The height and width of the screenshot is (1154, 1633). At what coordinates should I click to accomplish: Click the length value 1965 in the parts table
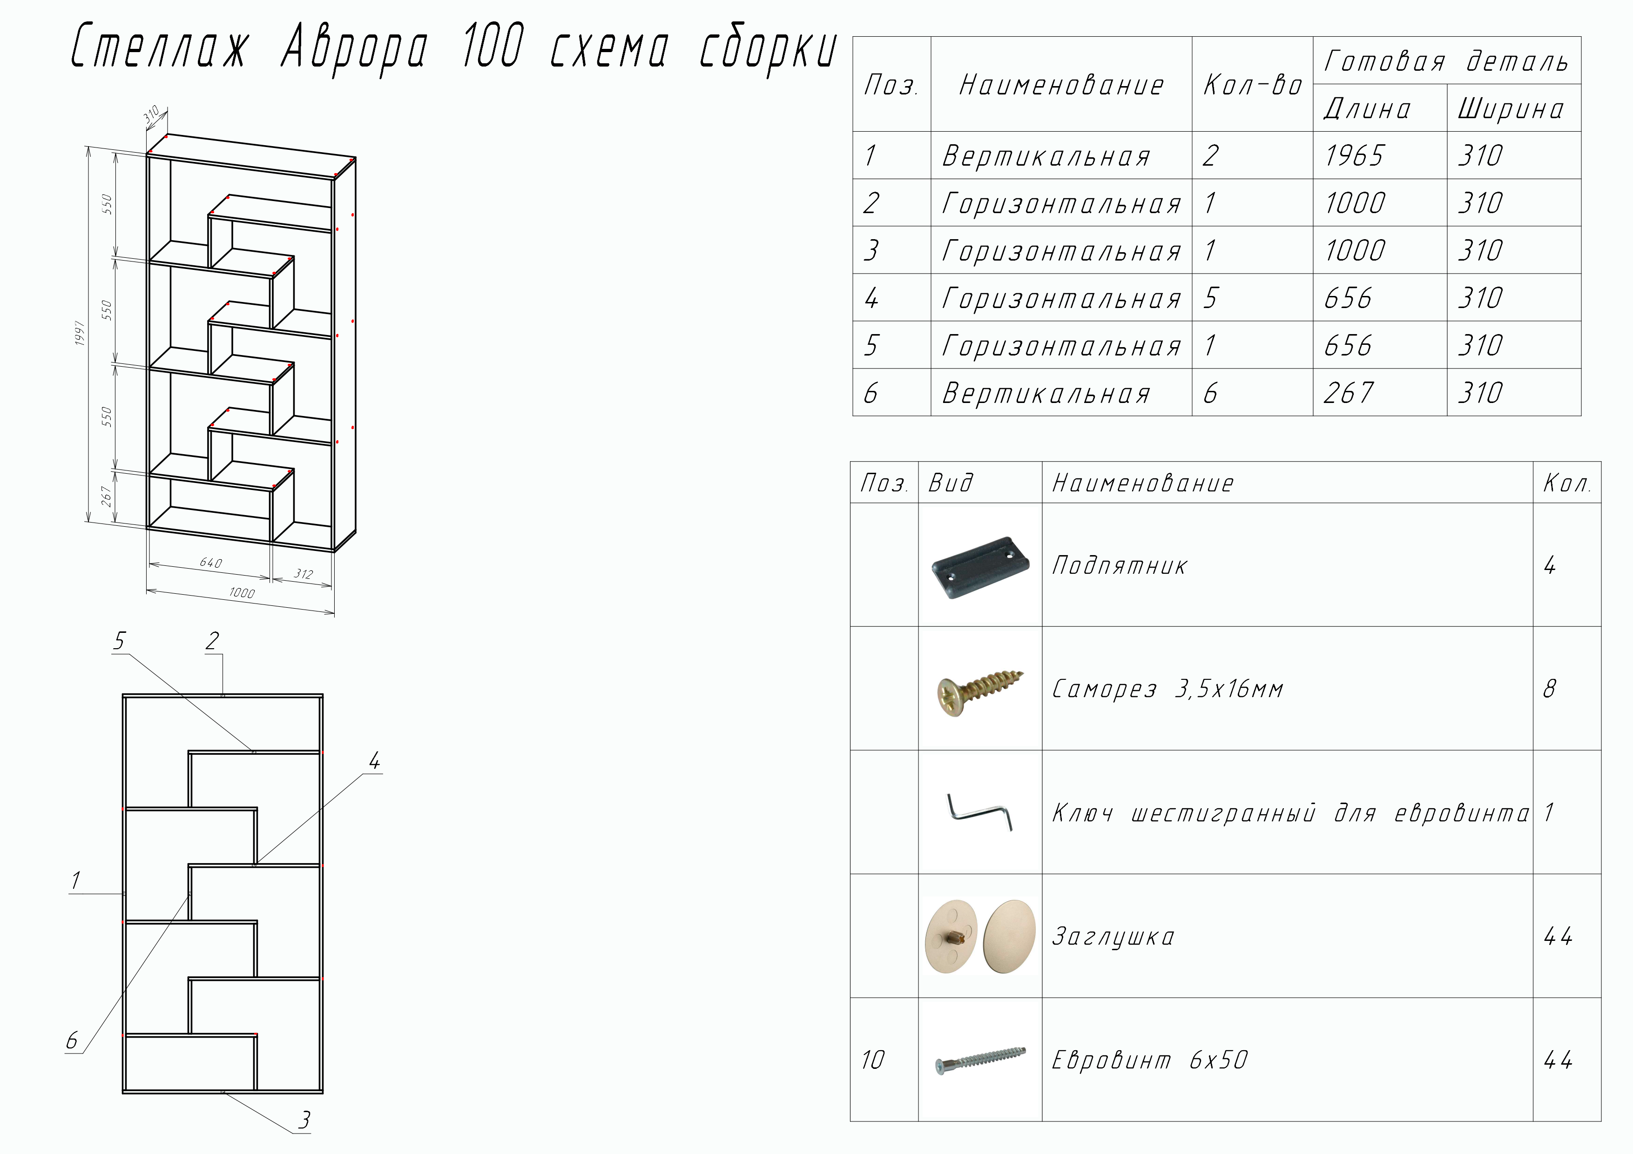click(x=1354, y=156)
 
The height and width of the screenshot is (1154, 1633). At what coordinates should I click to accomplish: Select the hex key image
click(x=980, y=813)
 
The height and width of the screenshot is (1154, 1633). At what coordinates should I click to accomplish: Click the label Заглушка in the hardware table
click(x=1113, y=936)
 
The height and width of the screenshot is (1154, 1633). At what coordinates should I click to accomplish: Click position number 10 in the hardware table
click(x=873, y=1060)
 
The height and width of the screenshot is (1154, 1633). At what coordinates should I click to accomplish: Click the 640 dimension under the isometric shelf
click(x=210, y=563)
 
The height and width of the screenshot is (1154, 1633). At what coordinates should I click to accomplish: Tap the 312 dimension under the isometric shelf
click(x=304, y=574)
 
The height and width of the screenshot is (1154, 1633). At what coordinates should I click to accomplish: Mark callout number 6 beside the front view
click(x=72, y=1041)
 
